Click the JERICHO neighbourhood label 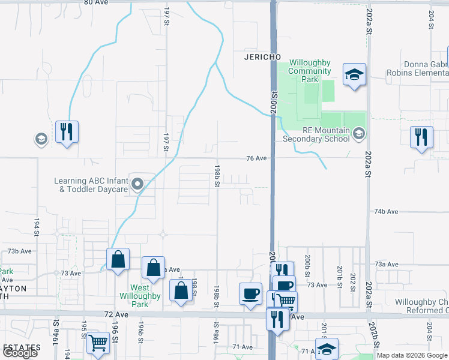[x=263, y=56]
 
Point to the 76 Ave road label [x=256, y=158]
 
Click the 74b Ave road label [x=387, y=212]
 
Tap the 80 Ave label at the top [x=95, y=2]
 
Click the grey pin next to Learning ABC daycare [x=137, y=184]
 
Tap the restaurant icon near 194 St [x=67, y=132]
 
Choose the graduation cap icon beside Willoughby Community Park [x=354, y=76]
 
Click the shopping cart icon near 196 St [x=98, y=343]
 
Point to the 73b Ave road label [x=19, y=251]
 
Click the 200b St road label [x=307, y=262]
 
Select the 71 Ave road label [x=243, y=347]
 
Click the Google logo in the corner [x=20, y=353]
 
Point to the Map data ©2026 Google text [x=412, y=355]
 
